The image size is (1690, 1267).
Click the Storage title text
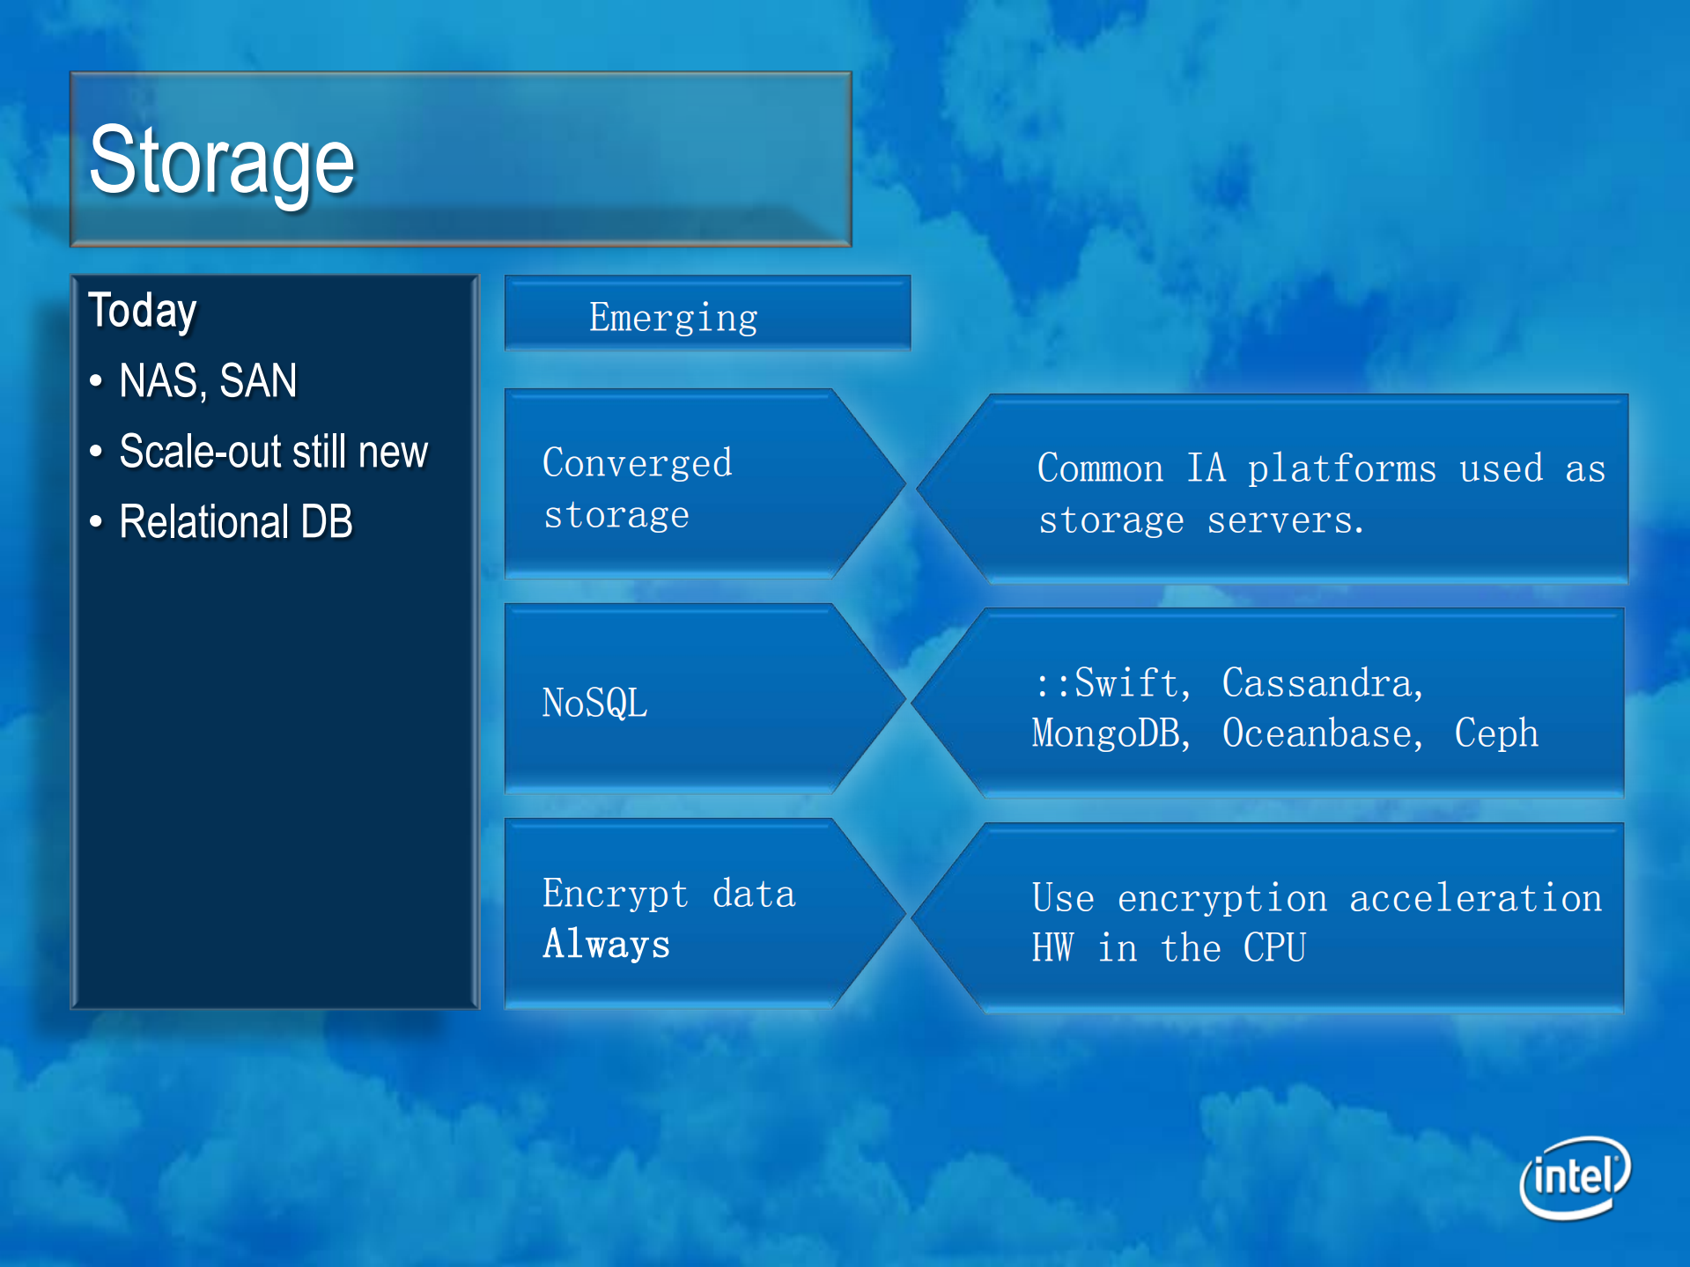click(x=222, y=161)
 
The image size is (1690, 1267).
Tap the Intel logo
click(x=1575, y=1177)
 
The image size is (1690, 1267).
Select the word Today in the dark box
click(x=143, y=311)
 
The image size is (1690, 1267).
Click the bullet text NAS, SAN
click(x=208, y=381)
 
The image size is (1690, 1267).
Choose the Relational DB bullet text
click(x=235, y=522)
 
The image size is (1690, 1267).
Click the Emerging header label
click(x=673, y=318)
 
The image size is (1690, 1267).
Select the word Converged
click(x=637, y=463)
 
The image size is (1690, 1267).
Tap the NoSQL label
click(x=594, y=703)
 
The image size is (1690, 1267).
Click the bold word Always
click(x=606, y=945)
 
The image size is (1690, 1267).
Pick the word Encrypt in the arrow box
click(x=615, y=895)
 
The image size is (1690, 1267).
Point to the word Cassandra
click(x=1322, y=683)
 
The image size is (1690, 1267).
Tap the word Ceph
click(x=1495, y=733)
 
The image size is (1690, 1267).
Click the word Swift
click(x=1130, y=683)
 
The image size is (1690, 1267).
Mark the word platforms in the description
click(x=1341, y=469)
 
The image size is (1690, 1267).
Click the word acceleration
click(x=1475, y=899)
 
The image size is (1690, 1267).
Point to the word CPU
click(x=1273, y=948)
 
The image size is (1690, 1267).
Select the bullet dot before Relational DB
click(x=96, y=522)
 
